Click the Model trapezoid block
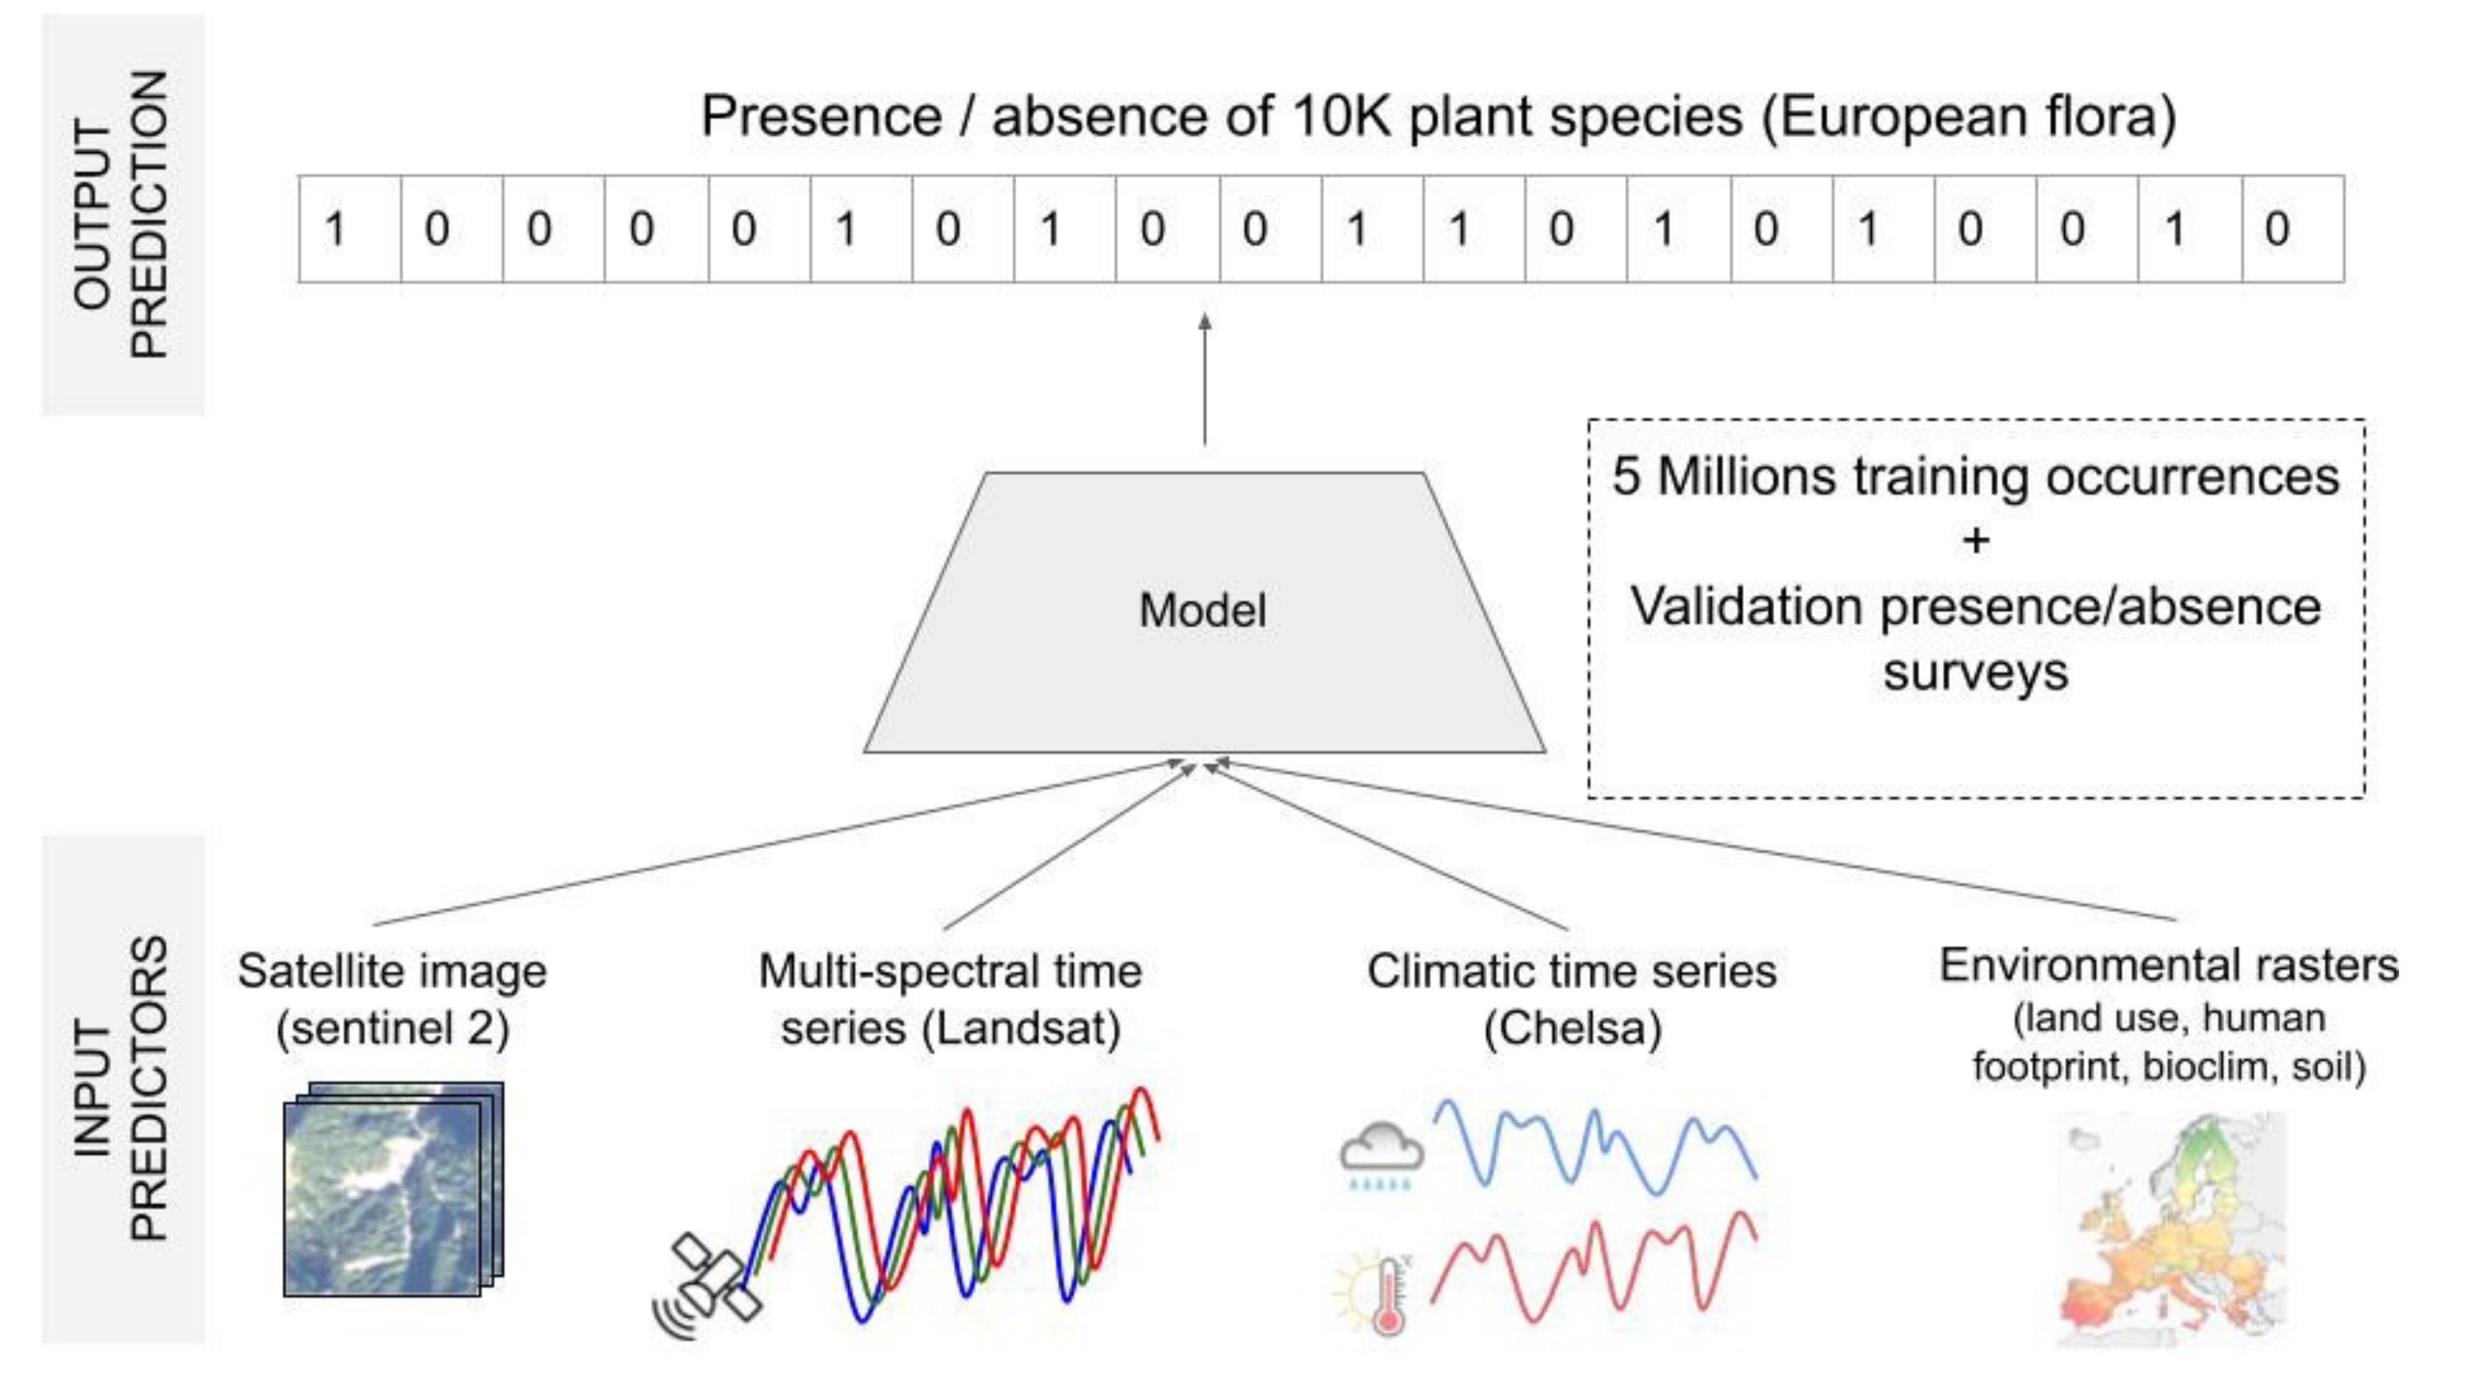(x=1205, y=612)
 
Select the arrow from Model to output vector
(x=1205, y=380)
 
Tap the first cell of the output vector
(x=350, y=228)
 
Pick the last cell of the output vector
(x=2293, y=228)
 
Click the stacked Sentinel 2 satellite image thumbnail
(x=394, y=1189)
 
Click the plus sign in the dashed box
(x=1975, y=540)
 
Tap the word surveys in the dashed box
(x=1975, y=672)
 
